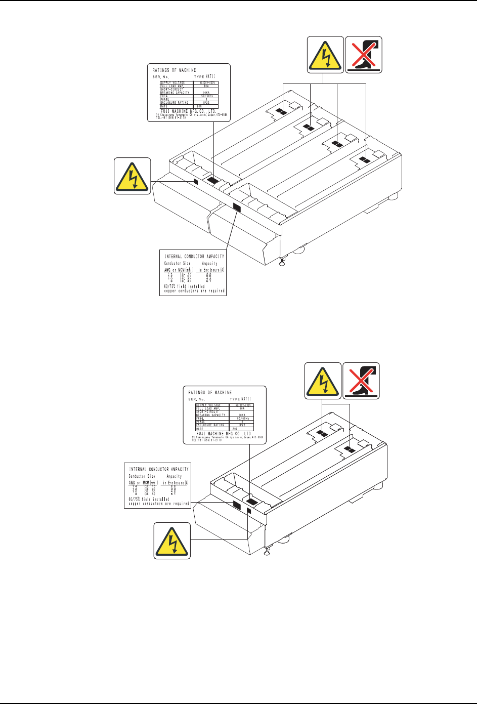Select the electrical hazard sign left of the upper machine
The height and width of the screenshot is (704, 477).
132,176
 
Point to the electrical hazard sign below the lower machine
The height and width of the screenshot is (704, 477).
172,541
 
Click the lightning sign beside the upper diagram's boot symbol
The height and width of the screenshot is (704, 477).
326,55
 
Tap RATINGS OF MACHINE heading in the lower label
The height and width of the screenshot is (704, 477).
210,393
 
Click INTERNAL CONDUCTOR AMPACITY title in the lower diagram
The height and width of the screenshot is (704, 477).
159,469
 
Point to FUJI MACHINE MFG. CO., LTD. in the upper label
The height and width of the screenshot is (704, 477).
188,111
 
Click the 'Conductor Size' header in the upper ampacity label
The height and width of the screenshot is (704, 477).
177,264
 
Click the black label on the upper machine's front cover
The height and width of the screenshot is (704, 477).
236,206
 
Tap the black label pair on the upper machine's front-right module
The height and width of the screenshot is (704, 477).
363,160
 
